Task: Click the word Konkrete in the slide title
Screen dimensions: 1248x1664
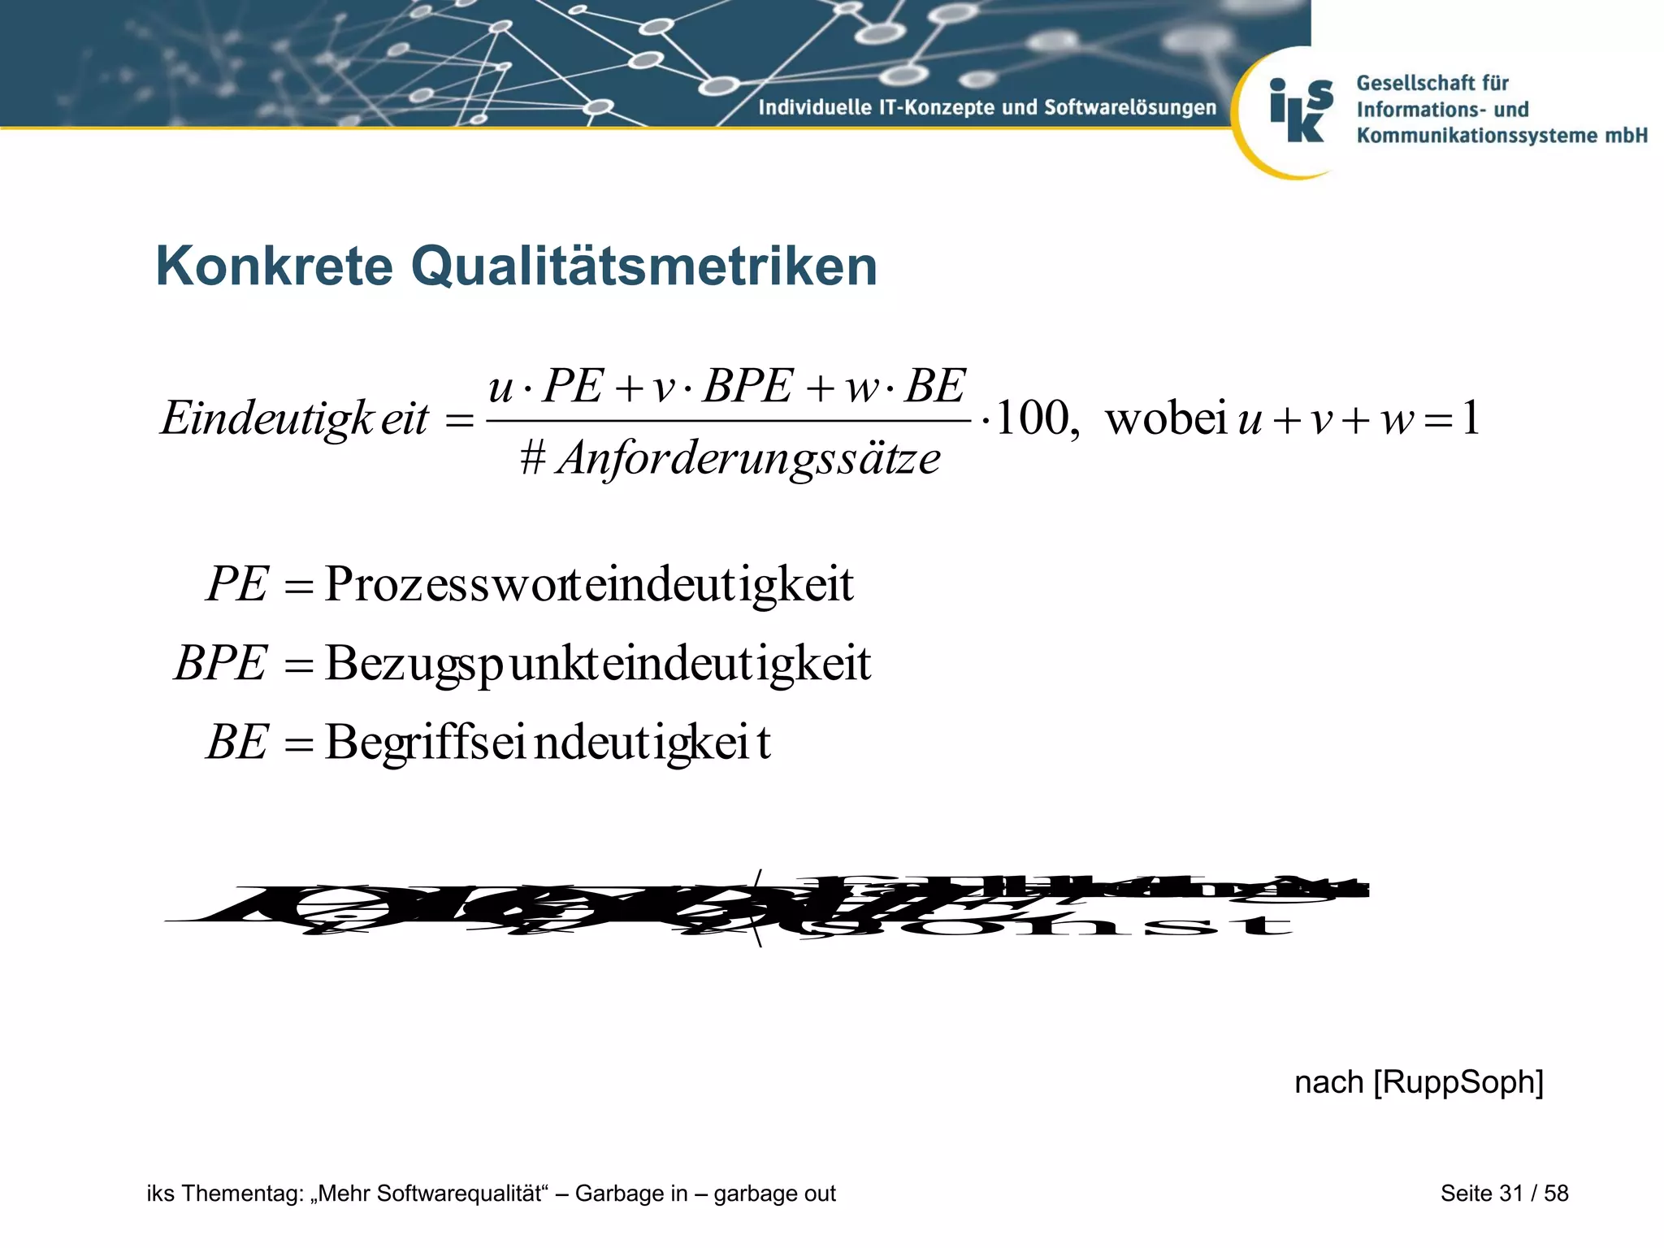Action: (275, 266)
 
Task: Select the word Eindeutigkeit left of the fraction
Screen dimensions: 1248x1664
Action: (295, 419)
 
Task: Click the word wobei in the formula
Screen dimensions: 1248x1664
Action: (1166, 419)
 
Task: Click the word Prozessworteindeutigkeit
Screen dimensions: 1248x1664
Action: (589, 584)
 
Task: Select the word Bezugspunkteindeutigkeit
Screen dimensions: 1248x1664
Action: (598, 663)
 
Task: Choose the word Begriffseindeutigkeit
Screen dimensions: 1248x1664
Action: (548, 742)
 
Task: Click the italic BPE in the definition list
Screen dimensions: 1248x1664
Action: (220, 663)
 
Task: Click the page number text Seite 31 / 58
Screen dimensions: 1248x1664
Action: (1504, 1193)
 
